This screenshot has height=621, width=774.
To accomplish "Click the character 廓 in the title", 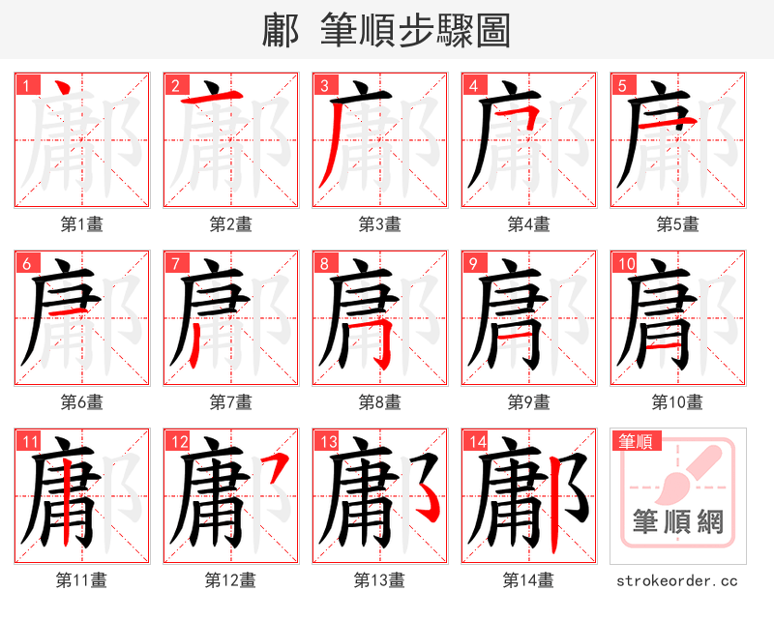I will click(x=281, y=31).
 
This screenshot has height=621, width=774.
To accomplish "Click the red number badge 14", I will click(x=474, y=442).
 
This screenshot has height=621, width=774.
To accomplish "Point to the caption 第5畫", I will click(x=677, y=223).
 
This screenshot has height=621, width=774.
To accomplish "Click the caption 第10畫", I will click(x=677, y=401).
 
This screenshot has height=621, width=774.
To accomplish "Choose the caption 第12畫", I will click(x=230, y=579).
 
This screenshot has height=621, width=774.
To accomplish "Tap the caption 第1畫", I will click(x=81, y=223).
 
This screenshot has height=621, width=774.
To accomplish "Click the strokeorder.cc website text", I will click(x=677, y=580).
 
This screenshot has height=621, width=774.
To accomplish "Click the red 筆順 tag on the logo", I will click(x=635, y=442).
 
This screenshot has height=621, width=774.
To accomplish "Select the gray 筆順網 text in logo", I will click(x=677, y=522).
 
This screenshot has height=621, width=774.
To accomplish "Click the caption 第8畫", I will click(x=379, y=401).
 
